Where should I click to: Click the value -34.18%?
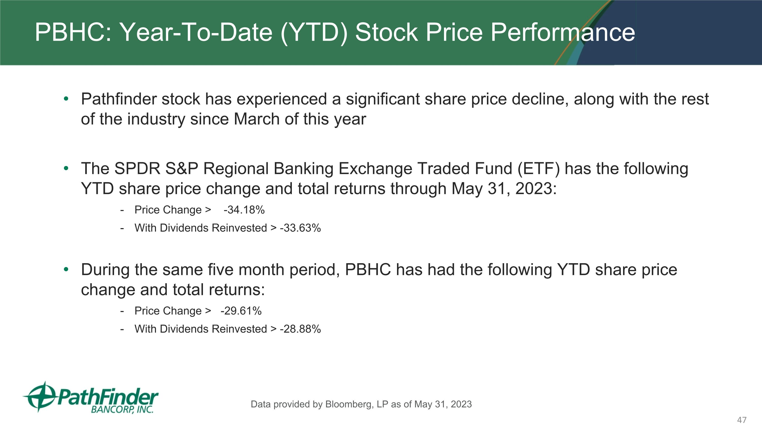pos(244,210)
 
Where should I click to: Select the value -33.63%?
pos(300,228)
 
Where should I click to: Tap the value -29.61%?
pos(241,311)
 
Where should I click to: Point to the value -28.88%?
pos(300,329)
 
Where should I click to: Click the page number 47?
pos(742,420)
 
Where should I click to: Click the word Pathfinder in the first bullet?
pos(119,99)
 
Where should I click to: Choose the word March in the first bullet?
pos(257,119)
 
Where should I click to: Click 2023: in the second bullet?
pos(536,189)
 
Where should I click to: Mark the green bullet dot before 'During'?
pos(66,269)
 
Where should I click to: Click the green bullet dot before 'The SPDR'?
pos(66,168)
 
